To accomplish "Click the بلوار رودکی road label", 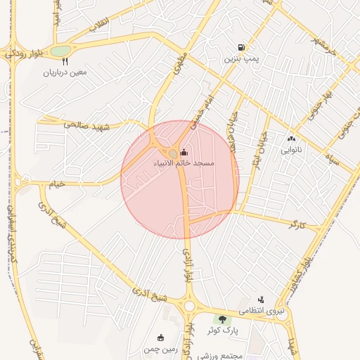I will tap(21, 52).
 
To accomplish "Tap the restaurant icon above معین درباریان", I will tap(65, 61).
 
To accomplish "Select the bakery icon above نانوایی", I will tap(291, 139).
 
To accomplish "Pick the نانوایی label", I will tap(291, 150).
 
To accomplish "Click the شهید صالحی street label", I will tap(84, 124).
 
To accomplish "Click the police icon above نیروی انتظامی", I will tap(261, 300).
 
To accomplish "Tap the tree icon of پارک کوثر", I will tap(223, 320).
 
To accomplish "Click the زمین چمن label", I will tap(160, 349).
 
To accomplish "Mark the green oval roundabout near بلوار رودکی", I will tap(61, 51).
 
